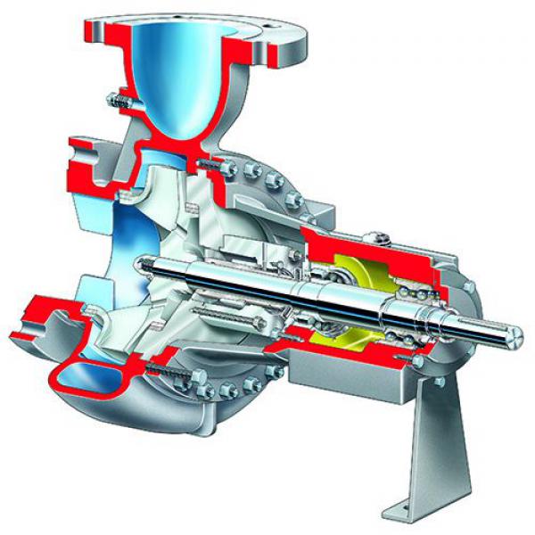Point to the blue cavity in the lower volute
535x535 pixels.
[85, 374]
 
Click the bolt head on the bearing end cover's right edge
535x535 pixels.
[469, 286]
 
